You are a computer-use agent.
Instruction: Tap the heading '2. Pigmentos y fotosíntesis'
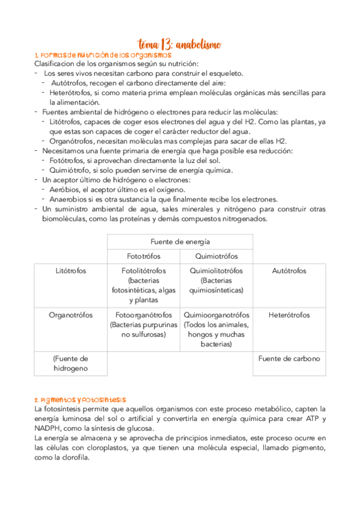81,399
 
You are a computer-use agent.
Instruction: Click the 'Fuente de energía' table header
180,241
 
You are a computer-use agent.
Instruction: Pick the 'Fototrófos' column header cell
143,256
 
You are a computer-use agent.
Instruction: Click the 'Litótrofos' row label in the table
70,271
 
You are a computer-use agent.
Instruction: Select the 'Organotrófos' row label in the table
70,315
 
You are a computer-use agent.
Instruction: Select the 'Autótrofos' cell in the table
289,271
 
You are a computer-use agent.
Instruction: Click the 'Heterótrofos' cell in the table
289,315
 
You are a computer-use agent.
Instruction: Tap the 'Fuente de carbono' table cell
289,358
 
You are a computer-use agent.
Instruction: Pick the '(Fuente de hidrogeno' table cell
70,363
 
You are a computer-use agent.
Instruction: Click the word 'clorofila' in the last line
74,457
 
